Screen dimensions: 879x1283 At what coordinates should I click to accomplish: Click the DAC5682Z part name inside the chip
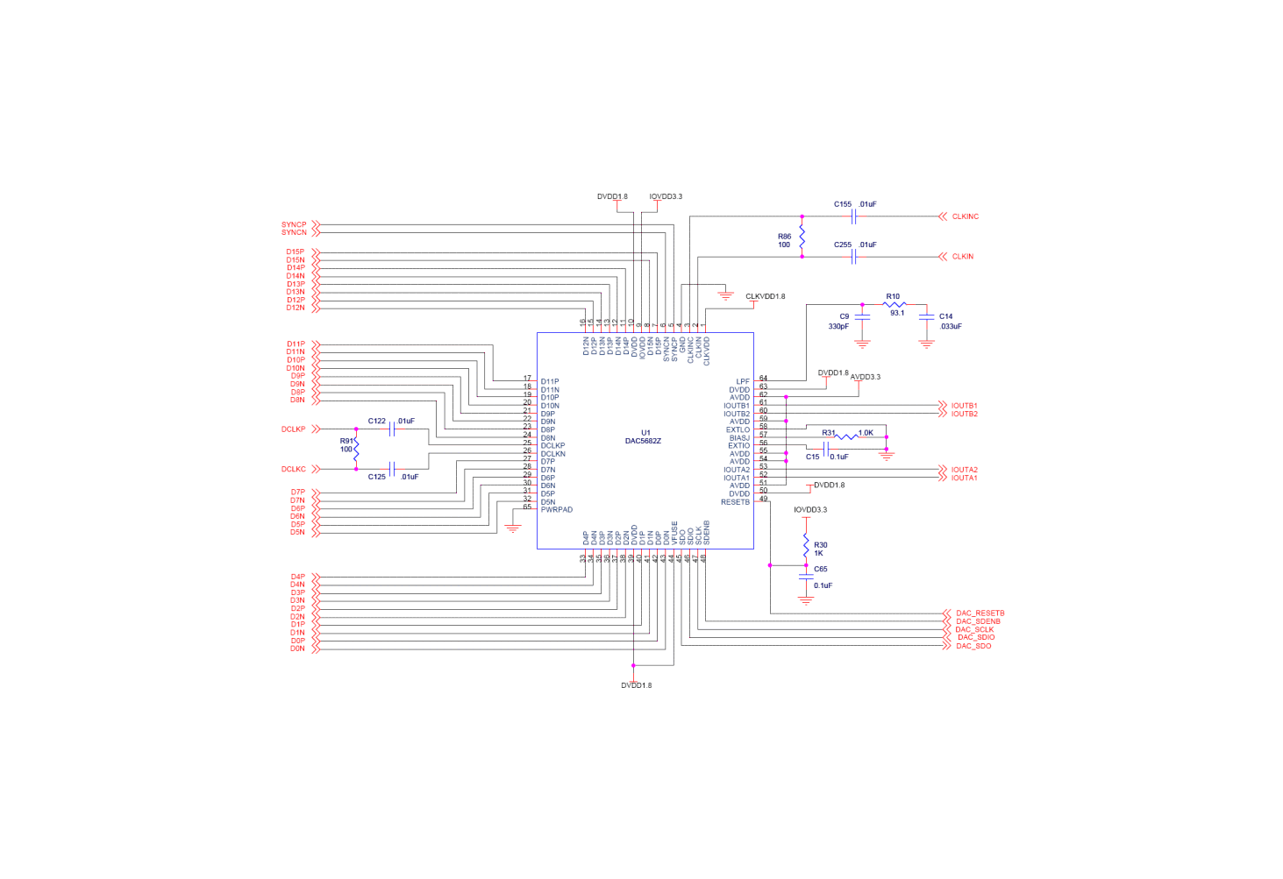643,441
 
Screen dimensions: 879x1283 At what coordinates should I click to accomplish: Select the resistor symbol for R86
802,237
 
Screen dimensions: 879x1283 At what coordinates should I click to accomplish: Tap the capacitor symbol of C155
853,216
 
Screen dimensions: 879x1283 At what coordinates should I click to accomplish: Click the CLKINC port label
965,216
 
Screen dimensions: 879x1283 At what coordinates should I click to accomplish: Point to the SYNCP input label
294,225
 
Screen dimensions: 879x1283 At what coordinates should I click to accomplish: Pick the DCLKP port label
293,429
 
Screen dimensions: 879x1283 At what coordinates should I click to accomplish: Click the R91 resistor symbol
356,449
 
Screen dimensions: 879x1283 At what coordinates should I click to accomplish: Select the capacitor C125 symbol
393,469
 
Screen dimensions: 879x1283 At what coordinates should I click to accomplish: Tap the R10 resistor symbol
894,305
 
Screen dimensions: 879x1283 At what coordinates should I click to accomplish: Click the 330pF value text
838,327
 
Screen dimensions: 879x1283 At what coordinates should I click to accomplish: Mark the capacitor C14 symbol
926,317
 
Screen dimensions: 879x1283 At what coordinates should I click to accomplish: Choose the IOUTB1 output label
964,406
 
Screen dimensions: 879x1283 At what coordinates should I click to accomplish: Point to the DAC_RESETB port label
980,613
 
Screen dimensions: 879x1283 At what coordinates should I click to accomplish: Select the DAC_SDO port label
973,646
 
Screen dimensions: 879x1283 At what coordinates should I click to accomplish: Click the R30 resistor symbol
806,548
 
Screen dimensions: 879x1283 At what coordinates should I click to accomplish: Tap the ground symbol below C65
806,600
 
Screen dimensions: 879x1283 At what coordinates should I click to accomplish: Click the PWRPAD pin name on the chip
556,510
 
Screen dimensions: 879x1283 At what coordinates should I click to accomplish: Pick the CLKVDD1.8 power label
765,297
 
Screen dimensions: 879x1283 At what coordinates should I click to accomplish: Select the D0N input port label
297,649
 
